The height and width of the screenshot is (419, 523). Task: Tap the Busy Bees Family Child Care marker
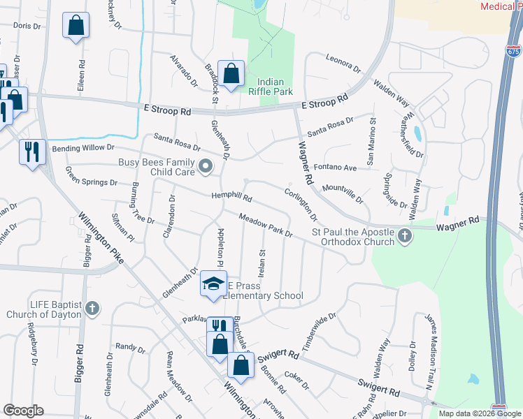[x=206, y=166]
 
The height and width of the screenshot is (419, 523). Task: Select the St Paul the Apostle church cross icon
[x=405, y=237]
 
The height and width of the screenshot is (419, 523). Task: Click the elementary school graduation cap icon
[x=213, y=282]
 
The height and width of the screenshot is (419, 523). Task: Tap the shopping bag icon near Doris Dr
[x=76, y=26]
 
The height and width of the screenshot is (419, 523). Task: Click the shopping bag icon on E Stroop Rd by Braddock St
[x=231, y=73]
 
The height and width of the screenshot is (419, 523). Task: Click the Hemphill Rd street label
[x=231, y=197]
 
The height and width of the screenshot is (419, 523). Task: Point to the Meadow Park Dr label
[x=266, y=225]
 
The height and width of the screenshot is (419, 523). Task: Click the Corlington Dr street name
[x=301, y=203]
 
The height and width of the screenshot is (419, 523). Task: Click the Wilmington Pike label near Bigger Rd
[x=101, y=237]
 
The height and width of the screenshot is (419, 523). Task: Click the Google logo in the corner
[x=23, y=410]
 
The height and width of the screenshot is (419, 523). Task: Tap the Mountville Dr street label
[x=343, y=193]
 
